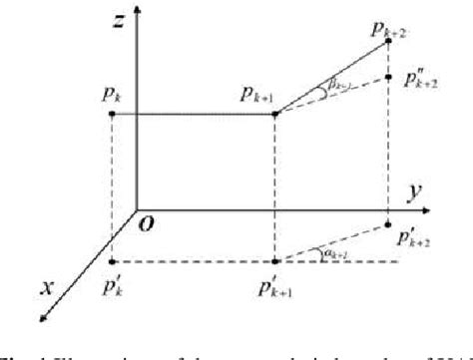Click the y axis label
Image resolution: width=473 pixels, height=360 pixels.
click(x=407, y=190)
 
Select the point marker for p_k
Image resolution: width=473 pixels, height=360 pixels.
click(x=111, y=114)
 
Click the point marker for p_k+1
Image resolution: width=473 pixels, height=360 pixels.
click(x=273, y=114)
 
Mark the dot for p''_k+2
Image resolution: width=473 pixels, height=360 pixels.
click(x=387, y=76)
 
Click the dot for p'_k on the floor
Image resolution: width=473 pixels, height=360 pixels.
click(x=111, y=262)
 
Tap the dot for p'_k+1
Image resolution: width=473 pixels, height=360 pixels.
click(x=273, y=262)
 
